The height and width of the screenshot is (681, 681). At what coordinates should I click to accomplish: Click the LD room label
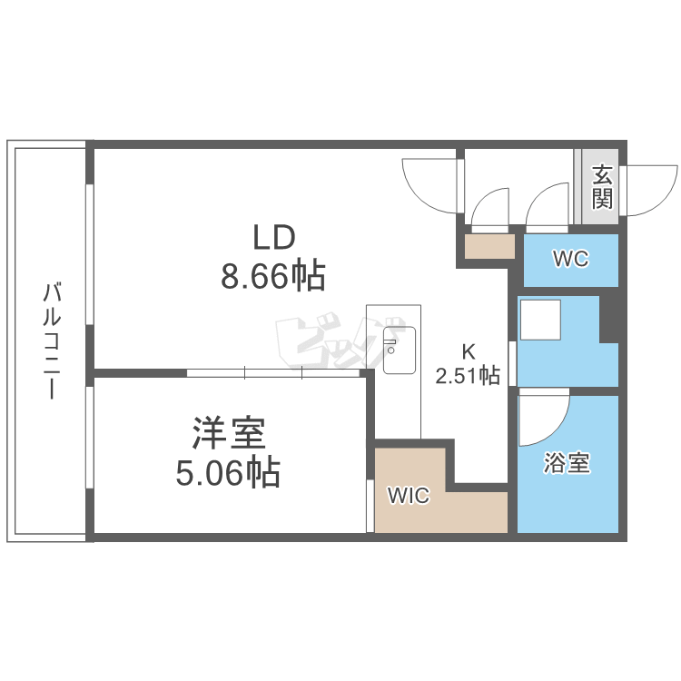(273, 239)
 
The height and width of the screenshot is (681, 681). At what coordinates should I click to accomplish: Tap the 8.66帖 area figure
(273, 276)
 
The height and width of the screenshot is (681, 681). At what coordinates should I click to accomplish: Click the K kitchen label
(469, 351)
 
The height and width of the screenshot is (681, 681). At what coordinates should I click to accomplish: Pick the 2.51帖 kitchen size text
(469, 375)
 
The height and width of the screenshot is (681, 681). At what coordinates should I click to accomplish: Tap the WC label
(571, 260)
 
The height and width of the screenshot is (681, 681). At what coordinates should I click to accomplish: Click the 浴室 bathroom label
(567, 464)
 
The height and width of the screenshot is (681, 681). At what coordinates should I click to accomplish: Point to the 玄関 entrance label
(601, 186)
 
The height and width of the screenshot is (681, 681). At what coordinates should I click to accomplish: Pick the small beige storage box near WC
(489, 246)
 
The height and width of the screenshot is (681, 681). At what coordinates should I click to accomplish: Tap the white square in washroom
(540, 319)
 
